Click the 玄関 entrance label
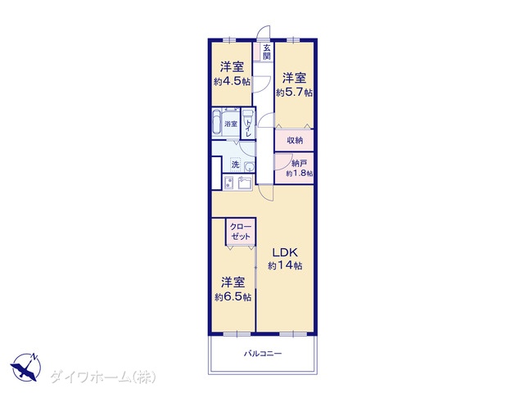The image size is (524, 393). [266, 52]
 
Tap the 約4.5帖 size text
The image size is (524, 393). [232, 82]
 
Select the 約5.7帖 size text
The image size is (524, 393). [294, 92]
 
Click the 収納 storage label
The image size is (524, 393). [295, 140]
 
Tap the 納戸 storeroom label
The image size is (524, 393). [300, 164]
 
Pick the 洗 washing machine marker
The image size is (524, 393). [236, 165]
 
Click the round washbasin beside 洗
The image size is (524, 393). [249, 166]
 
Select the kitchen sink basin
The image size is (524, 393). [246, 183]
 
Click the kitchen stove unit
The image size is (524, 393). [229, 183]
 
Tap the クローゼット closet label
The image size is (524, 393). [241, 232]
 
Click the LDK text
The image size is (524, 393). [284, 252]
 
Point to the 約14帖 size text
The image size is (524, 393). [285, 265]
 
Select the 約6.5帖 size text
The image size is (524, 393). [233, 296]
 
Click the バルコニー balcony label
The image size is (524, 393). [263, 354]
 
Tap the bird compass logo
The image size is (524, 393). [25, 367]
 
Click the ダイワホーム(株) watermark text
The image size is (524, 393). [103, 377]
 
